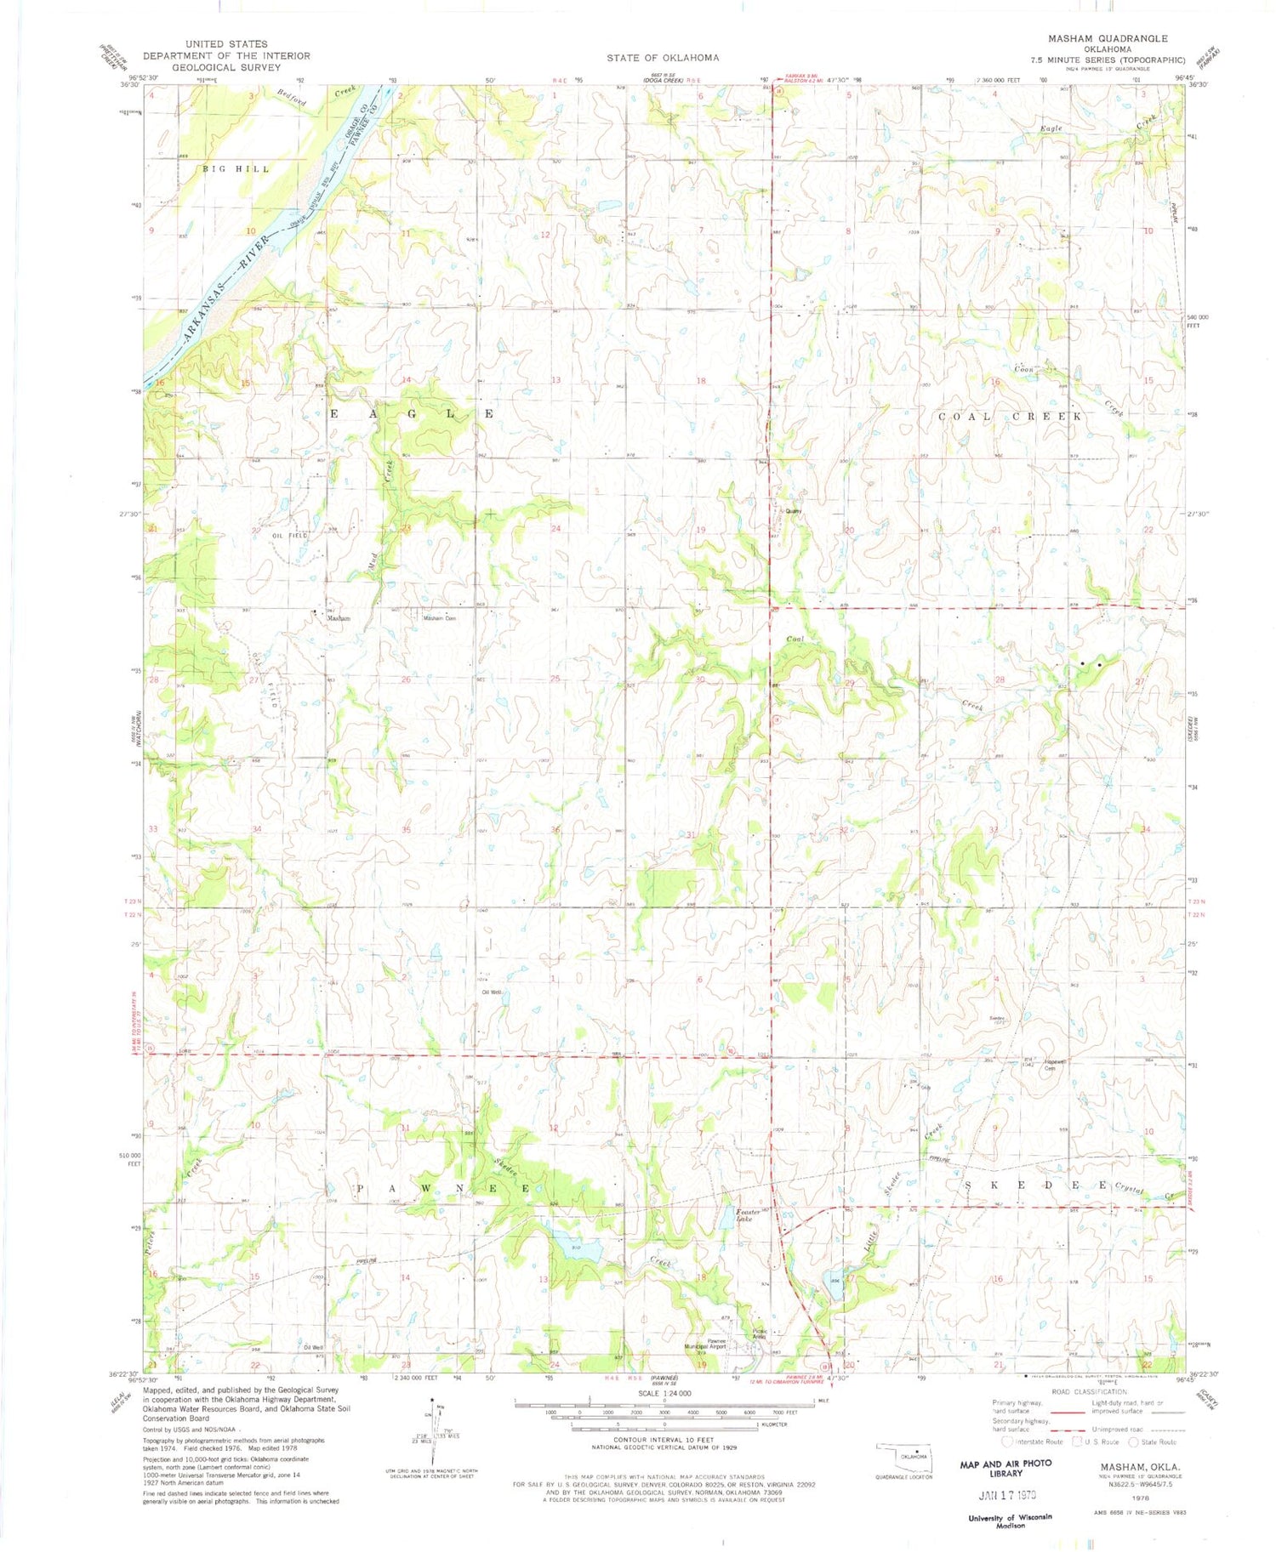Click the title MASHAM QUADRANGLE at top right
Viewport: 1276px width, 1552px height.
[x=1120, y=38]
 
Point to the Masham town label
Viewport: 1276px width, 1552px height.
[x=339, y=618]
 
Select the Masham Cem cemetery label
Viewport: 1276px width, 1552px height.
[x=440, y=618]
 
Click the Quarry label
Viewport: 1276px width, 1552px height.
[x=793, y=511]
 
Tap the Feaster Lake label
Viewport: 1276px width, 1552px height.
[x=746, y=1215]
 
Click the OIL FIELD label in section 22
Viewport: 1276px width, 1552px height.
[x=290, y=536]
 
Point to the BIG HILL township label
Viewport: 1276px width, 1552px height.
[x=236, y=169]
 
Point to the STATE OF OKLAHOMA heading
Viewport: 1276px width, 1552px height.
[x=663, y=58]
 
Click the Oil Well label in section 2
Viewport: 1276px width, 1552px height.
[x=492, y=992]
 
